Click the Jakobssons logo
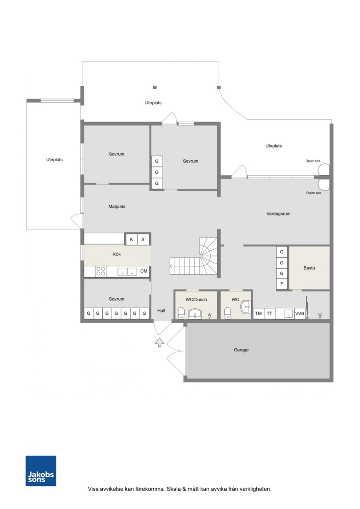click(41, 471)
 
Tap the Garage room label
click(241, 350)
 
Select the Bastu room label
click(309, 268)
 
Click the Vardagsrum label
click(278, 213)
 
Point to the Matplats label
click(117, 206)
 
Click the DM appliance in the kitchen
click(144, 271)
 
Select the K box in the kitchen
click(131, 239)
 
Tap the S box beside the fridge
click(143, 239)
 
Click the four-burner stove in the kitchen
click(101, 271)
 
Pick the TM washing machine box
click(258, 313)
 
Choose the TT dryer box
click(270, 313)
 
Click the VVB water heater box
click(300, 313)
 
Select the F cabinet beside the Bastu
click(281, 284)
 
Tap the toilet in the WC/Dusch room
click(181, 313)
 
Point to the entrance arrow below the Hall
click(159, 342)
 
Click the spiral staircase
click(194, 256)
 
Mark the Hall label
click(161, 311)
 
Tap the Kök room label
click(117, 254)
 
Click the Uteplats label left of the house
click(54, 160)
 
